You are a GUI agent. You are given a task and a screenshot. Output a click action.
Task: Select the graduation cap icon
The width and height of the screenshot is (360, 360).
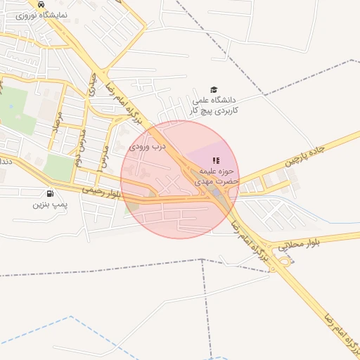click(214, 89)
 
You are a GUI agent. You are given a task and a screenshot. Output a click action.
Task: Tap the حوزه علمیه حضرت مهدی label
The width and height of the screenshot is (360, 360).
click(218, 176)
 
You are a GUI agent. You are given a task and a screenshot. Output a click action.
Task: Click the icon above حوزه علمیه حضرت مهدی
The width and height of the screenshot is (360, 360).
click(216, 160)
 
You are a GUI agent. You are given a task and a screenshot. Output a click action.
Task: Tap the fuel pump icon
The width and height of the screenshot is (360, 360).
click(49, 193)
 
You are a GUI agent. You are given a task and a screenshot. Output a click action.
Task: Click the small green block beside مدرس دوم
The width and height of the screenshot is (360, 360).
click(58, 167)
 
